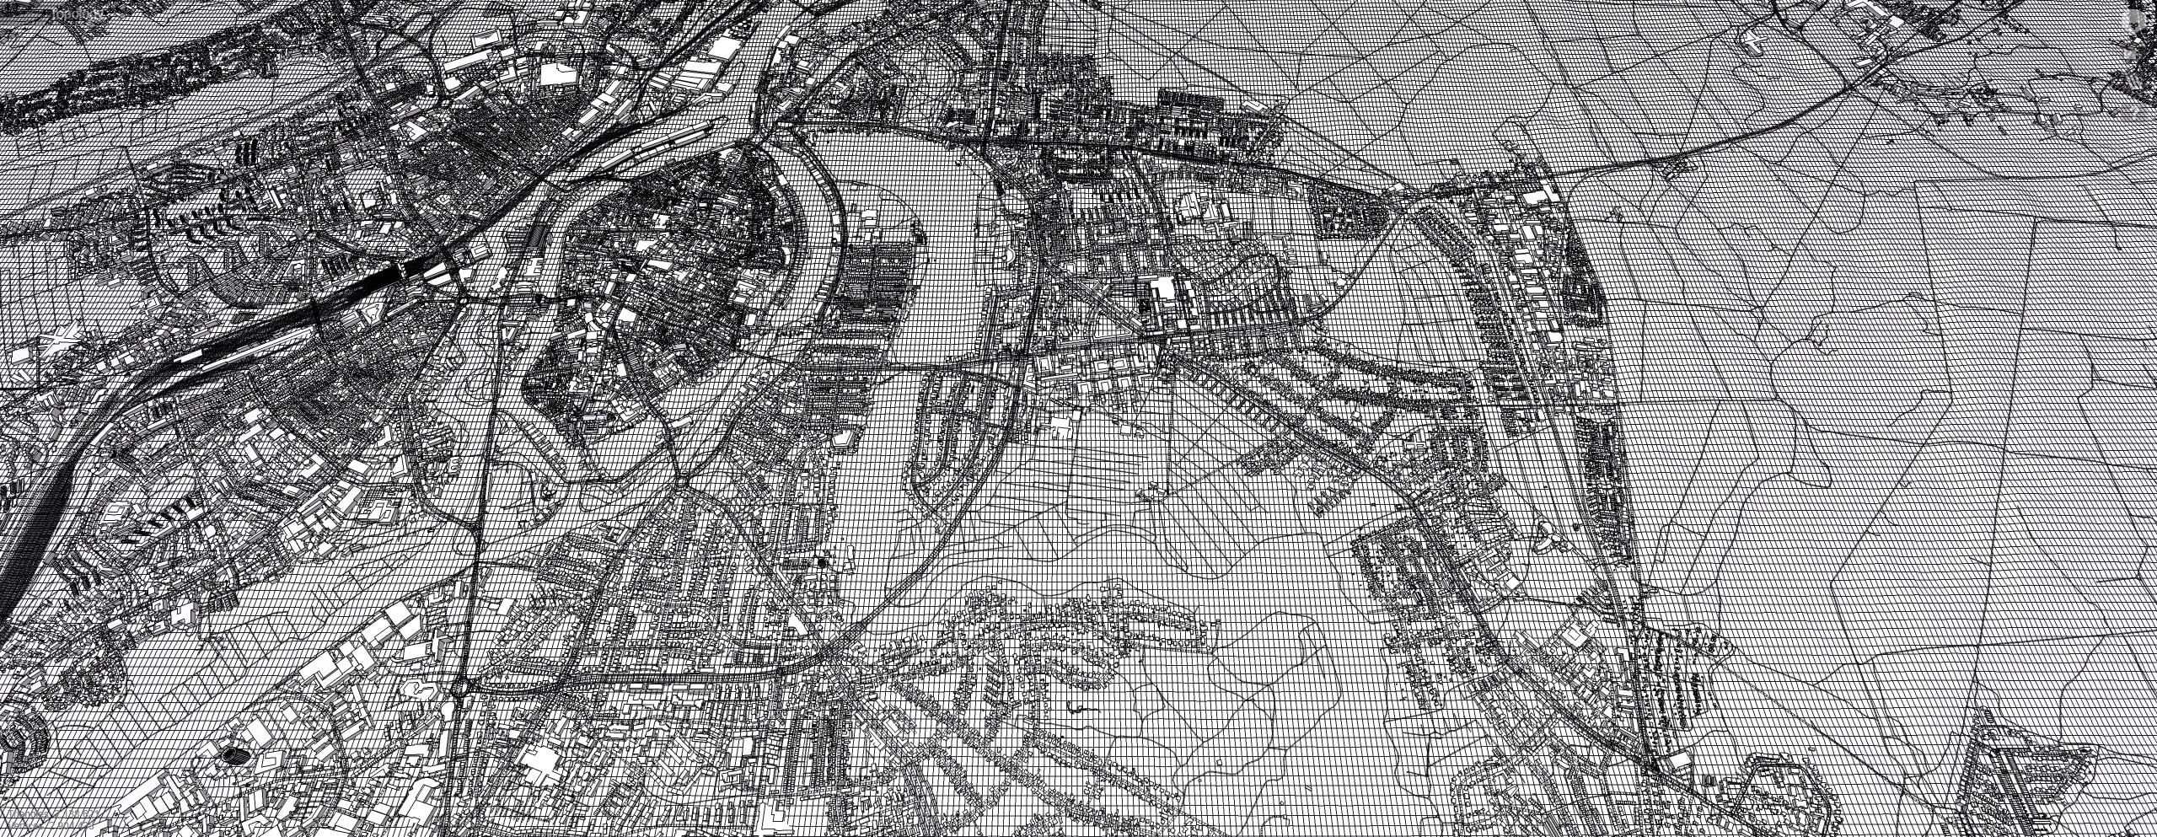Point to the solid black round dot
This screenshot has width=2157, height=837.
pyautogui.click(x=822, y=561)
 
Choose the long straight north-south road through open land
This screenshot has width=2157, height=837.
pyautogui.click(x=476, y=506)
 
